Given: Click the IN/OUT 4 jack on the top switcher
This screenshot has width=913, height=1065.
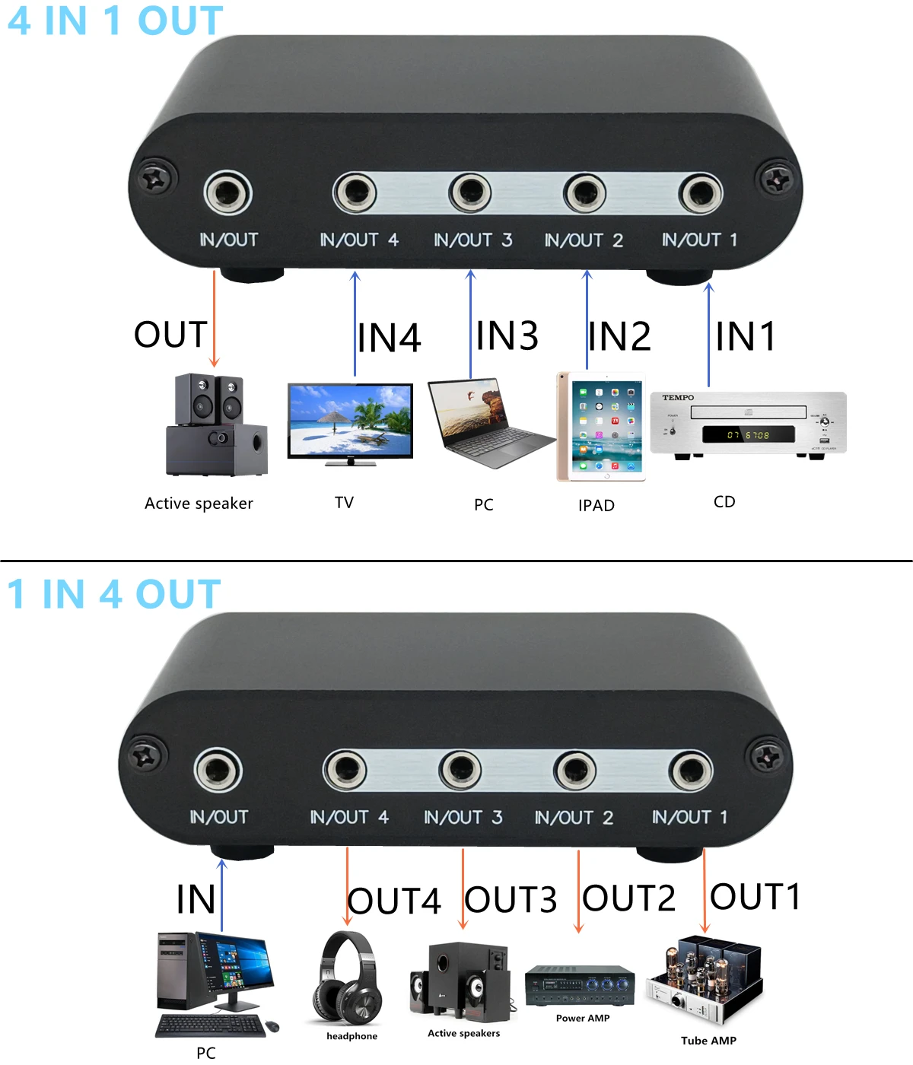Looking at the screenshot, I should (355, 193).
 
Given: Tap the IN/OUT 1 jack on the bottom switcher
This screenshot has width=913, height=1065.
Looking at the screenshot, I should (691, 771).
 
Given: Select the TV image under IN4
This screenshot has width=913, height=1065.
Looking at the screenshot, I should (350, 423).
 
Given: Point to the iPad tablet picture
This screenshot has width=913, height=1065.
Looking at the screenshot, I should (601, 427).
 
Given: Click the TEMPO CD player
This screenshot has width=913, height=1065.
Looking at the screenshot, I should (748, 424).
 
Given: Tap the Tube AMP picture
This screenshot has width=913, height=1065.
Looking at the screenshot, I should (704, 981).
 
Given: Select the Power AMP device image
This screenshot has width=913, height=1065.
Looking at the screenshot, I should (580, 985).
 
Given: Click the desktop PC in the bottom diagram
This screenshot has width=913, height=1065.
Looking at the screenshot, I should (213, 985).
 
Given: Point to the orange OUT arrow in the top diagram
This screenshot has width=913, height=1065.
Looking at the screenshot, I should (215, 319).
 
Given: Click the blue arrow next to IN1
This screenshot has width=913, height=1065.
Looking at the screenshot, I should (709, 335).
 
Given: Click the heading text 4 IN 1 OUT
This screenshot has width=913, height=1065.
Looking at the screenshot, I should (116, 21).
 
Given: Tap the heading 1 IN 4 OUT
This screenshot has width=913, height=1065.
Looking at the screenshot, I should (114, 594).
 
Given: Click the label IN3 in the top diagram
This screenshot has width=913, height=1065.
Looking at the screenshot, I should (507, 335).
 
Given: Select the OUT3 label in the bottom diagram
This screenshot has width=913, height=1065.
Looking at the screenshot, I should (511, 900).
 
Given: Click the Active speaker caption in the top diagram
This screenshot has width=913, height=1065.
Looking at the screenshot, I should (199, 504).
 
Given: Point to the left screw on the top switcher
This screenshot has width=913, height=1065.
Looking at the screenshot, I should (157, 180).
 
